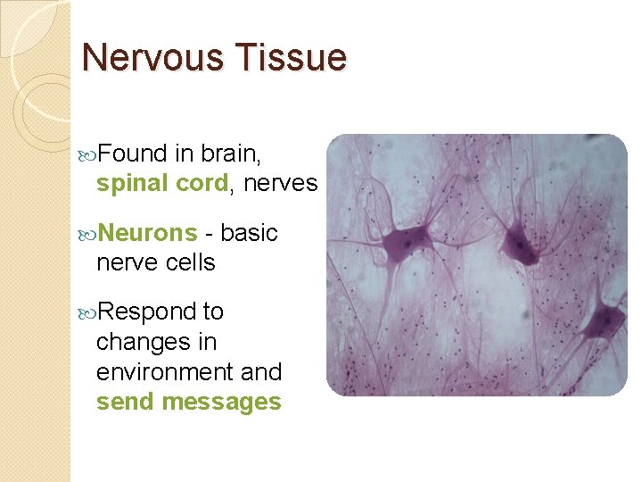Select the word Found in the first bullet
134,154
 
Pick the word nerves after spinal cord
280,184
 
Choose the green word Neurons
147,233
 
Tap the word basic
249,233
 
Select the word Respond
148,312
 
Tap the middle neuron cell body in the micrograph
519,241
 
